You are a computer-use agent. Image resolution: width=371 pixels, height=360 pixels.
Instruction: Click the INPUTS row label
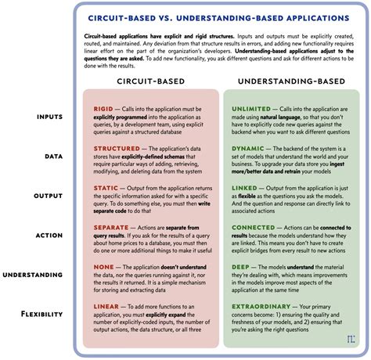(49, 117)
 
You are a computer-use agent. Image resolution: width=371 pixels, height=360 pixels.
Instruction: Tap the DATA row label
(53, 157)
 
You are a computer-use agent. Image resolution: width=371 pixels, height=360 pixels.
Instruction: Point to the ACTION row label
(49, 234)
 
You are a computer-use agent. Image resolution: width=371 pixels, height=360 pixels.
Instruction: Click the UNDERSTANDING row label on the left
(34, 275)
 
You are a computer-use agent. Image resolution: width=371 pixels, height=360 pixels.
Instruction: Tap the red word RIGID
(104, 109)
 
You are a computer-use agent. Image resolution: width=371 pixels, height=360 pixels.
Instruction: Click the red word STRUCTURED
(116, 147)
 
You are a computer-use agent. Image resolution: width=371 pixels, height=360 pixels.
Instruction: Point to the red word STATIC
(106, 187)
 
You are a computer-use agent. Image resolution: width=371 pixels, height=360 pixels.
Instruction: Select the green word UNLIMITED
(252, 109)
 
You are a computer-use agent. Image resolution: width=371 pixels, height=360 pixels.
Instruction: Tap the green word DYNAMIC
(250, 147)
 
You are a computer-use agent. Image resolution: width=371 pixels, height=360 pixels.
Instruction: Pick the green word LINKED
(247, 187)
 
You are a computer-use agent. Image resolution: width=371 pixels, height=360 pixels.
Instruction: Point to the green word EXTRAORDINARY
(264, 306)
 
